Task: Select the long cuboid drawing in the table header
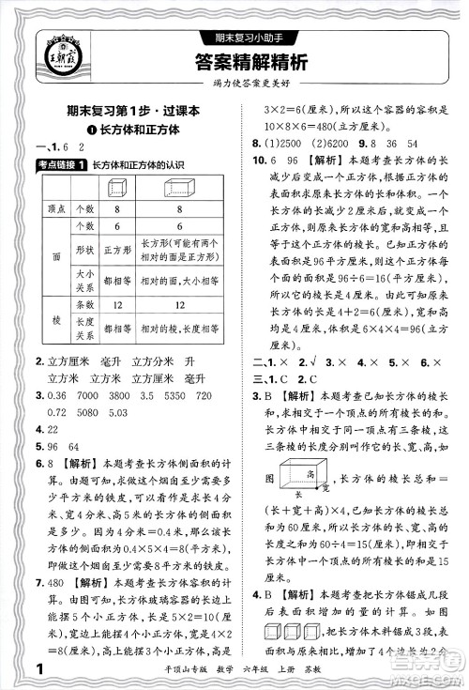(186, 187)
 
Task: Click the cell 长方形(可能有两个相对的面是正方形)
(184, 250)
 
